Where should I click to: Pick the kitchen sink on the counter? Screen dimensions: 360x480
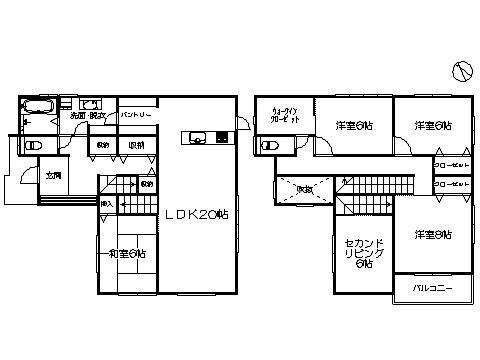coord(191,137)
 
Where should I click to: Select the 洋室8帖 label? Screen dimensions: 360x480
coord(431,234)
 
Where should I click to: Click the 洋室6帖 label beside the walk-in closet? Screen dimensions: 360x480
coord(354,125)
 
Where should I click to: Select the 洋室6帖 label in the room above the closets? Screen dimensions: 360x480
coord(432,125)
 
